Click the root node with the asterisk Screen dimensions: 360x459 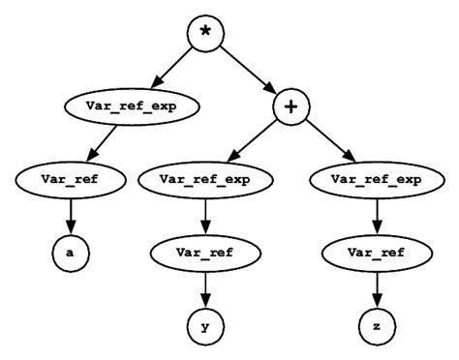pos(204,35)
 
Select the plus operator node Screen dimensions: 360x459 pos(291,106)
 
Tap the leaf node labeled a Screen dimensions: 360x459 pos(71,253)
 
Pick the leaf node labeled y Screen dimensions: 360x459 pos(205,326)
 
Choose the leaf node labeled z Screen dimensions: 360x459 pos(376,326)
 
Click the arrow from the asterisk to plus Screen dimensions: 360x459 pos(249,72)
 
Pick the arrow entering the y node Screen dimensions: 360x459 pos(205,288)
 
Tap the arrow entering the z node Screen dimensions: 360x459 pos(376,288)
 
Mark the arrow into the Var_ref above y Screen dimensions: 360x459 pos(205,215)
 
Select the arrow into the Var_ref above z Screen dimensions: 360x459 pos(376,215)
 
